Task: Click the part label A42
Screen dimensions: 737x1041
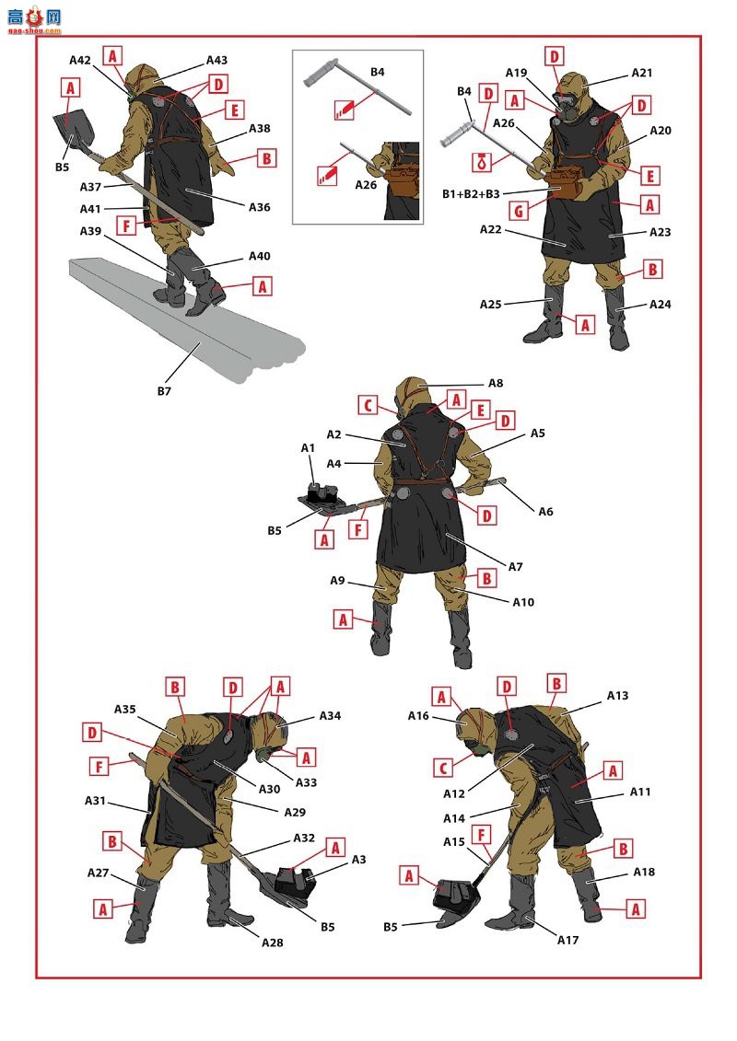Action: tap(80, 61)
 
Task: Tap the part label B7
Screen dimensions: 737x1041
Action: tap(164, 391)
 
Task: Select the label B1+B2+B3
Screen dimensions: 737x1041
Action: tap(471, 194)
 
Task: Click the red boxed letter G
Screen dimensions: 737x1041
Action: tap(519, 212)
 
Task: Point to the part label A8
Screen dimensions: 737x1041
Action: tap(496, 383)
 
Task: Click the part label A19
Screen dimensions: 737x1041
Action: tap(517, 73)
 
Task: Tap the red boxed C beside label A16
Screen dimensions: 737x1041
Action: tap(443, 769)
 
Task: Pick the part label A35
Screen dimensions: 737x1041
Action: tap(125, 709)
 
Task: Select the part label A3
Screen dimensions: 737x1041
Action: tap(359, 859)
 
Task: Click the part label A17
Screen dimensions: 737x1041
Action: tap(568, 940)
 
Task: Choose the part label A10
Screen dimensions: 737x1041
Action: tap(523, 602)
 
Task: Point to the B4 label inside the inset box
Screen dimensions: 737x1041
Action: tap(378, 72)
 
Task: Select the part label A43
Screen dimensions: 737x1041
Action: tap(216, 61)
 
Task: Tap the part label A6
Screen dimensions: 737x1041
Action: tap(545, 511)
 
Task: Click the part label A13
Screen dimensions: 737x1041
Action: tap(617, 695)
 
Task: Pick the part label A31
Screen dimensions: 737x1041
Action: tap(95, 801)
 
